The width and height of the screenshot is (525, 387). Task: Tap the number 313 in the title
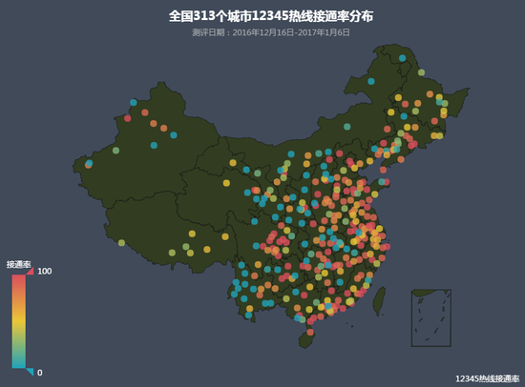(204, 16)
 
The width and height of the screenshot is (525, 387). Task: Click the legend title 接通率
(19, 263)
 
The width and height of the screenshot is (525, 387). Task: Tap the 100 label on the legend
(44, 272)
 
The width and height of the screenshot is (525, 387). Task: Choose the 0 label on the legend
(40, 372)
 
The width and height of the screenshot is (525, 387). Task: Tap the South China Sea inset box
(430, 318)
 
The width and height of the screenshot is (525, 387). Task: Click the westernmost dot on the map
(89, 164)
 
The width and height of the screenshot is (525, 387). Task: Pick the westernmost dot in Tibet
(121, 242)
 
